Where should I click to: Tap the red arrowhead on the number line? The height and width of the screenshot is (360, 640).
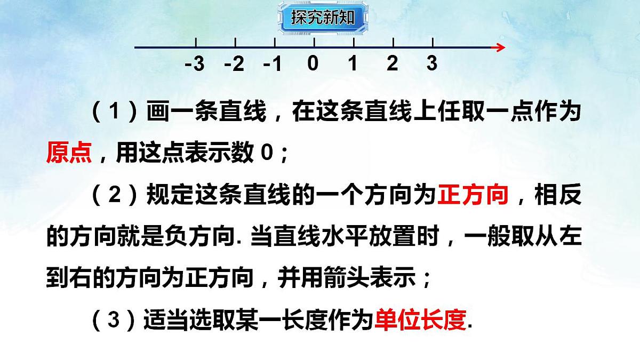[x=499, y=47]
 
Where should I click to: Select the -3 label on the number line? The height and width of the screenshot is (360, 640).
[x=195, y=64]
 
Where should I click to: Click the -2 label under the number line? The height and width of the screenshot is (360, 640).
[x=234, y=64]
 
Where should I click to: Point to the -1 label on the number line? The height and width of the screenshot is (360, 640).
[x=273, y=64]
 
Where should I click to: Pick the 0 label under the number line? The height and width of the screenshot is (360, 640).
[x=313, y=63]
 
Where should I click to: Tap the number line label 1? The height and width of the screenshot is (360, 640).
[x=353, y=63]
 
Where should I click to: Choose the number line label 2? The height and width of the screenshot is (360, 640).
[x=392, y=63]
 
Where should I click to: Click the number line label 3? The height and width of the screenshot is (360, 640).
[x=431, y=63]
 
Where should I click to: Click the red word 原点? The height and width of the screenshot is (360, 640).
[x=69, y=154]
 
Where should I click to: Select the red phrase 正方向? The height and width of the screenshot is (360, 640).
[x=473, y=195]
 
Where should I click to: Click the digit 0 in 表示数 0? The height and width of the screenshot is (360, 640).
[x=267, y=154]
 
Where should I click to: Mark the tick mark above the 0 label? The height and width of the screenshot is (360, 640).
[x=314, y=43]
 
